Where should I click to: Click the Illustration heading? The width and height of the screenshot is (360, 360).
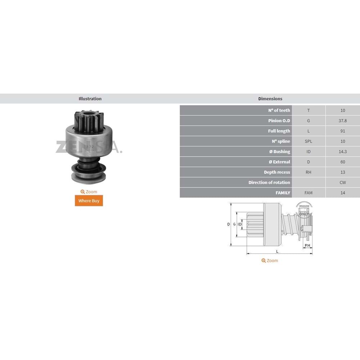click(x=90, y=99)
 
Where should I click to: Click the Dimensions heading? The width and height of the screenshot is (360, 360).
click(x=270, y=99)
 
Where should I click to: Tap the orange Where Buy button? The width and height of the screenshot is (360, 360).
click(x=89, y=201)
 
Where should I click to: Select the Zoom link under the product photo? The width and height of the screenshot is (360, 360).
click(x=89, y=192)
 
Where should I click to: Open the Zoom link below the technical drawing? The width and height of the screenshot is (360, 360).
click(x=270, y=261)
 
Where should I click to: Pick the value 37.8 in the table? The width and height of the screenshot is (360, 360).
click(x=342, y=121)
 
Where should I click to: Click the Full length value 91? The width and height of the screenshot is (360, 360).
click(x=342, y=131)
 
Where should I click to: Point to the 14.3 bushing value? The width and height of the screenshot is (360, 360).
click(x=342, y=152)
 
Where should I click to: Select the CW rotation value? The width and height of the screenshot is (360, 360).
click(x=342, y=183)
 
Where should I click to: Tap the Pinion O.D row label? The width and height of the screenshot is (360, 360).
click(x=279, y=121)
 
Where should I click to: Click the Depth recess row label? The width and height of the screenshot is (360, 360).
click(x=277, y=172)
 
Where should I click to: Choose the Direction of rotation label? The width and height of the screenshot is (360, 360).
click(x=269, y=183)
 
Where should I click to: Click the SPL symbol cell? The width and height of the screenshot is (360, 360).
click(x=308, y=141)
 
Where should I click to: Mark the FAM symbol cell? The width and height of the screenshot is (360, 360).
click(x=308, y=193)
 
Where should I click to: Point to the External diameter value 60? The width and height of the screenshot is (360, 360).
click(x=342, y=162)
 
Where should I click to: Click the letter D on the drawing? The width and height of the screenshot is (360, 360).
click(x=228, y=224)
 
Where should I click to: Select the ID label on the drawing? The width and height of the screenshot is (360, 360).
click(x=240, y=224)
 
